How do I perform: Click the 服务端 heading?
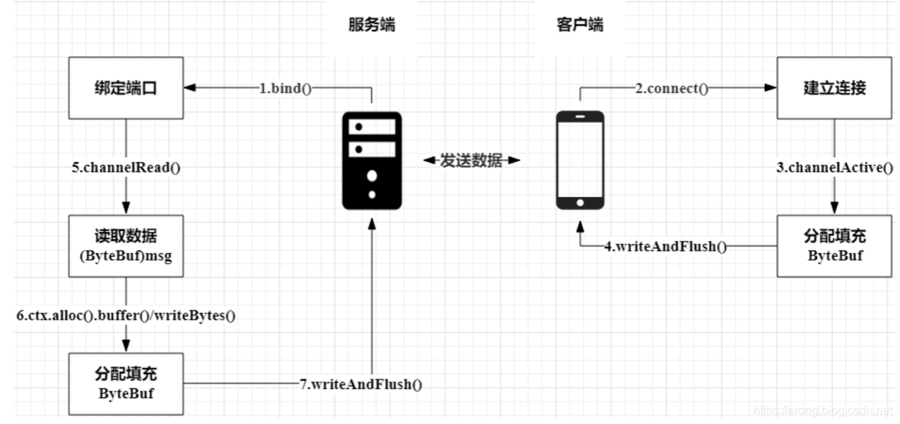click(x=372, y=25)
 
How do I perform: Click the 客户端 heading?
click(x=579, y=25)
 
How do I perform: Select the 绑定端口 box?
click(x=126, y=89)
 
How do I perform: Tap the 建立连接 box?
click(x=834, y=89)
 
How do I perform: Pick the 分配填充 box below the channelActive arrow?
click(x=834, y=246)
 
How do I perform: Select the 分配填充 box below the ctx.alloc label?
click(x=126, y=384)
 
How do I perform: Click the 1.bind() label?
click(x=285, y=89)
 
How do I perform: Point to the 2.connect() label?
click(x=671, y=89)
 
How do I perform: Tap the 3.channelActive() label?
click(x=834, y=168)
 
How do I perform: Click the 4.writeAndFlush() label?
click(x=665, y=246)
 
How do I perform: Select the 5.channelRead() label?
click(x=126, y=168)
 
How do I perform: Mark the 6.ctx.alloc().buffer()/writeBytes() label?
click(x=126, y=315)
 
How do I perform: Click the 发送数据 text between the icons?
click(x=471, y=160)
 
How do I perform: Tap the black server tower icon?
click(x=372, y=160)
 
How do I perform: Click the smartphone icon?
click(x=580, y=160)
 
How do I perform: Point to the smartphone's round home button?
click(x=580, y=202)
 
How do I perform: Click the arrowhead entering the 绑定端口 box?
click(x=191, y=89)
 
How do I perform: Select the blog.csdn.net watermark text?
click(x=822, y=411)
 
